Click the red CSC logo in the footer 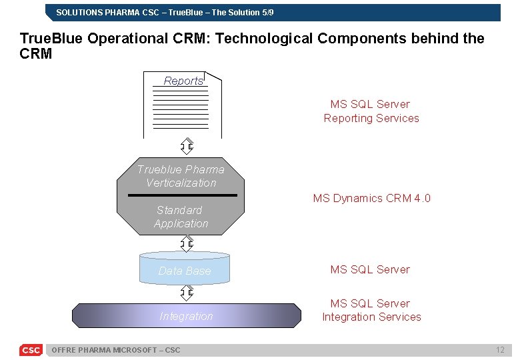coord(31,350)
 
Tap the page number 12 coord(499,350)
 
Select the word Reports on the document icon coord(183,81)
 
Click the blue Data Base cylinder coord(185,269)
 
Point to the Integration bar coord(187,316)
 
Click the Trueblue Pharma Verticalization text coord(181,176)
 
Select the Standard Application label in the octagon coord(181,217)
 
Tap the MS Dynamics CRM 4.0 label coord(371,198)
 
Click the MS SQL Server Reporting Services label coord(371,111)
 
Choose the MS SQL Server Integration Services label coord(371,310)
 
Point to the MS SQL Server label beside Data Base coord(370,269)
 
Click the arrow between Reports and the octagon coord(187,147)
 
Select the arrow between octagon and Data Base coord(187,243)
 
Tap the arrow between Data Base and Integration coord(187,293)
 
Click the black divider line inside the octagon coord(182,195)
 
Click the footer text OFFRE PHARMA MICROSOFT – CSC coord(115,350)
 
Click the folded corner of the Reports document coord(213,77)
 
